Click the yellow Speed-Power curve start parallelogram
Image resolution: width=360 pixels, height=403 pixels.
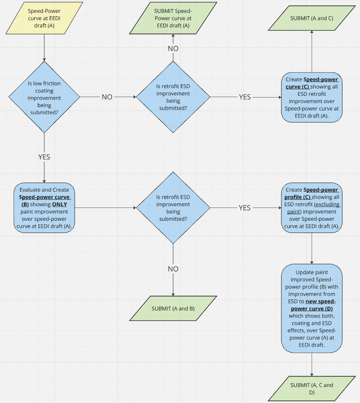44,18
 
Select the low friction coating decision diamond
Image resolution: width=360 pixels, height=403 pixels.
44,97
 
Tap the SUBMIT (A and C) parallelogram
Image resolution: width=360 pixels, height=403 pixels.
311,18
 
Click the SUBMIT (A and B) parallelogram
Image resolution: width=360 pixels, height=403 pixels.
173,308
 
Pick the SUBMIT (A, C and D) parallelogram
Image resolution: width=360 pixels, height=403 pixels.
311,388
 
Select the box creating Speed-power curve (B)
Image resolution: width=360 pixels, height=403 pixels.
44,208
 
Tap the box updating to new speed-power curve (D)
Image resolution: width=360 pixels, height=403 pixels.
311,308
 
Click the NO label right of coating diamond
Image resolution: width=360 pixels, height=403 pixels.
107,97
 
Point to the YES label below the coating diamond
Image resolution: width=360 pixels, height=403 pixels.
44,157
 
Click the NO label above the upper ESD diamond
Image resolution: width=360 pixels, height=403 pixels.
173,49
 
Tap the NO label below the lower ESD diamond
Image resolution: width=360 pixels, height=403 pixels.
173,269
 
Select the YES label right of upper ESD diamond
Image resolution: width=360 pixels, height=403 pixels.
244,97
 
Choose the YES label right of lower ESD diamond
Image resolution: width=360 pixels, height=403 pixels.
244,208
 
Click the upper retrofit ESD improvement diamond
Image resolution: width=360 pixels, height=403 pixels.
173,97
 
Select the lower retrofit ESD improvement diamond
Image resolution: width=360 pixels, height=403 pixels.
173,208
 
